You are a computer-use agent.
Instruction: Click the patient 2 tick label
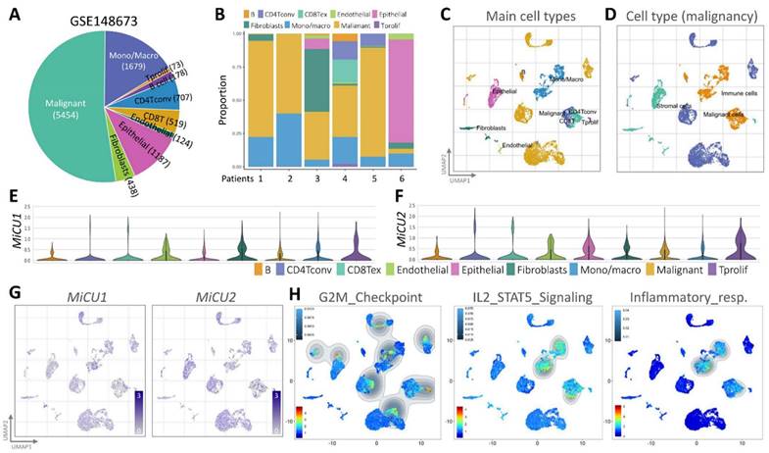pos(288,178)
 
